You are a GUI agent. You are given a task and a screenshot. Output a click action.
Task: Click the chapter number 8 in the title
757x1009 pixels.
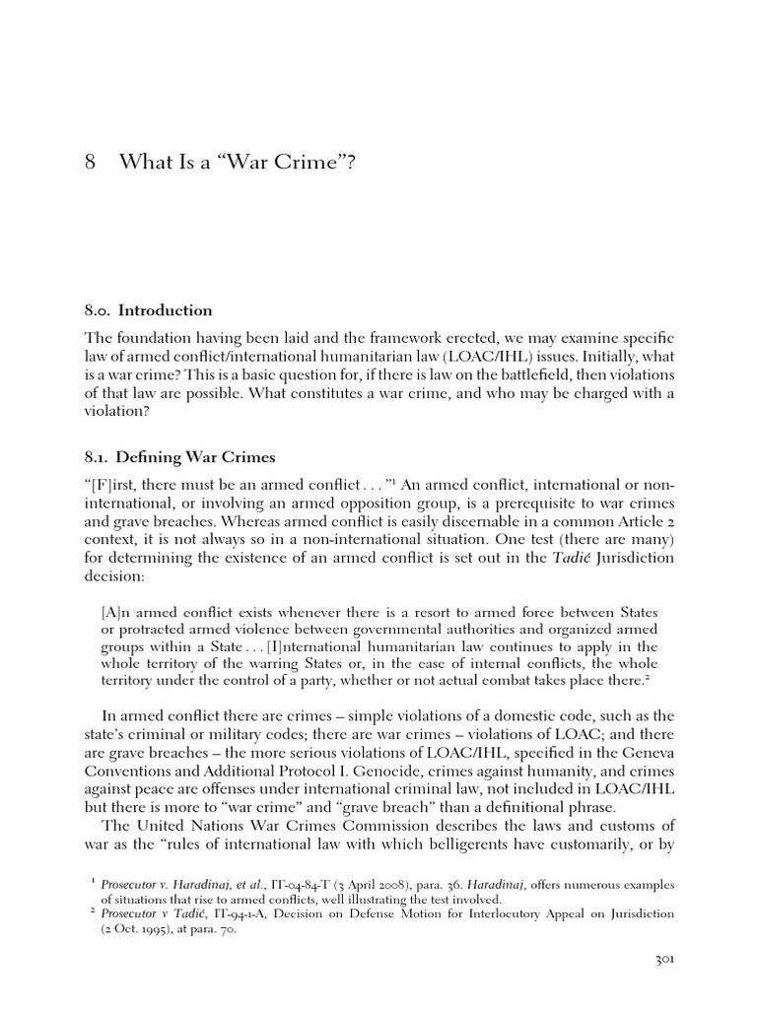[x=89, y=162]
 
